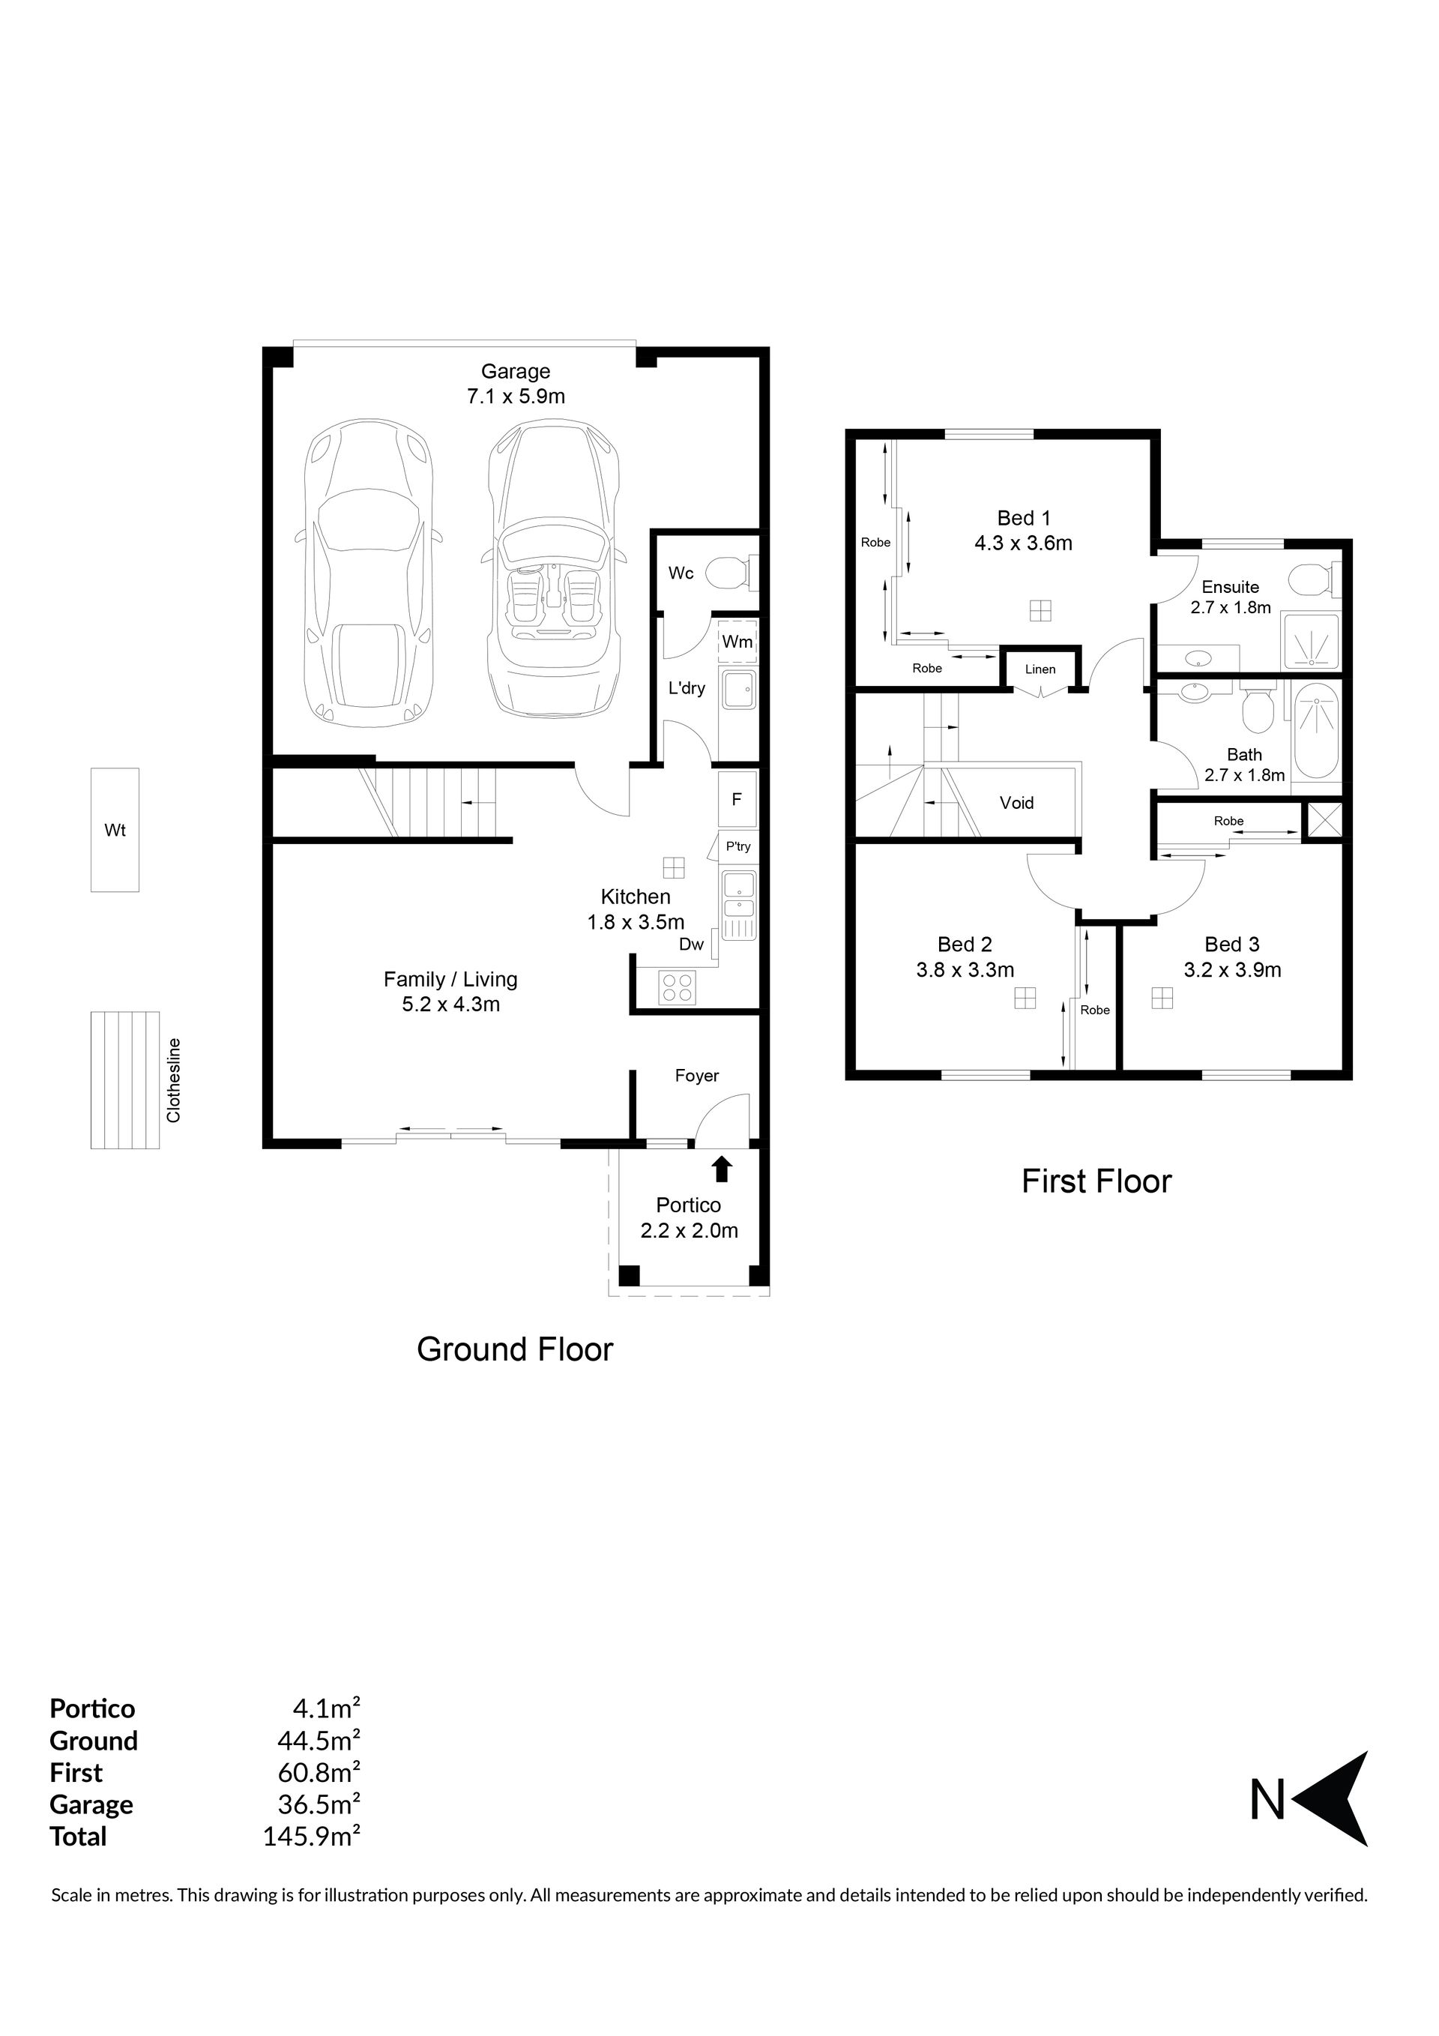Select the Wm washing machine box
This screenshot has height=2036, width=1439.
pyautogui.click(x=737, y=641)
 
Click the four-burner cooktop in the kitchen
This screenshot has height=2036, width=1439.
pyautogui.click(x=678, y=987)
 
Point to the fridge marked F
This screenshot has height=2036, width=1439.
pyautogui.click(x=737, y=799)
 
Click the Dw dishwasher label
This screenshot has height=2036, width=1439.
pyautogui.click(x=692, y=945)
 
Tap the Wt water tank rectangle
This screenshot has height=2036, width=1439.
pyautogui.click(x=115, y=830)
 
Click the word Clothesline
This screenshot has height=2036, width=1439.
pyautogui.click(x=174, y=1080)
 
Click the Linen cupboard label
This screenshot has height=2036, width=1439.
pyautogui.click(x=1040, y=669)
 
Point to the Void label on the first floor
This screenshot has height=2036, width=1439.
pyautogui.click(x=1016, y=803)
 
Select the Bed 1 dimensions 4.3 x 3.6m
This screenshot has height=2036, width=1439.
pyautogui.click(x=1023, y=543)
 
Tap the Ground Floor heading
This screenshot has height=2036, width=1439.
pyautogui.click(x=515, y=1349)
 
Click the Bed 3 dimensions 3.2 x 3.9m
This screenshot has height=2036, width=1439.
pyautogui.click(x=1232, y=970)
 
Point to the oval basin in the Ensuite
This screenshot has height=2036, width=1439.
pyautogui.click(x=1198, y=659)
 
